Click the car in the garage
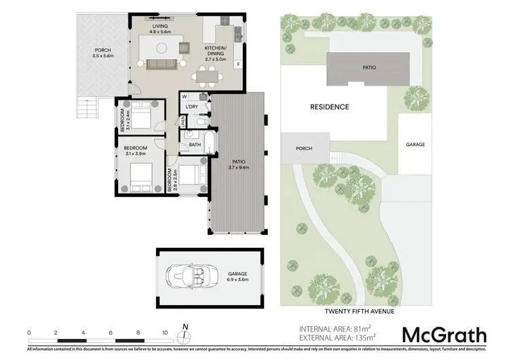point(186,275)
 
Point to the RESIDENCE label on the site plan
point(330,107)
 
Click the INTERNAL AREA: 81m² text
point(337,329)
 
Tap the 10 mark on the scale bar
point(165,332)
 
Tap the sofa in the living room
point(161,64)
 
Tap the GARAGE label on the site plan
point(415,145)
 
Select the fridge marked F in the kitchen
point(238,65)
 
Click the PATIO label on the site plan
point(369,68)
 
